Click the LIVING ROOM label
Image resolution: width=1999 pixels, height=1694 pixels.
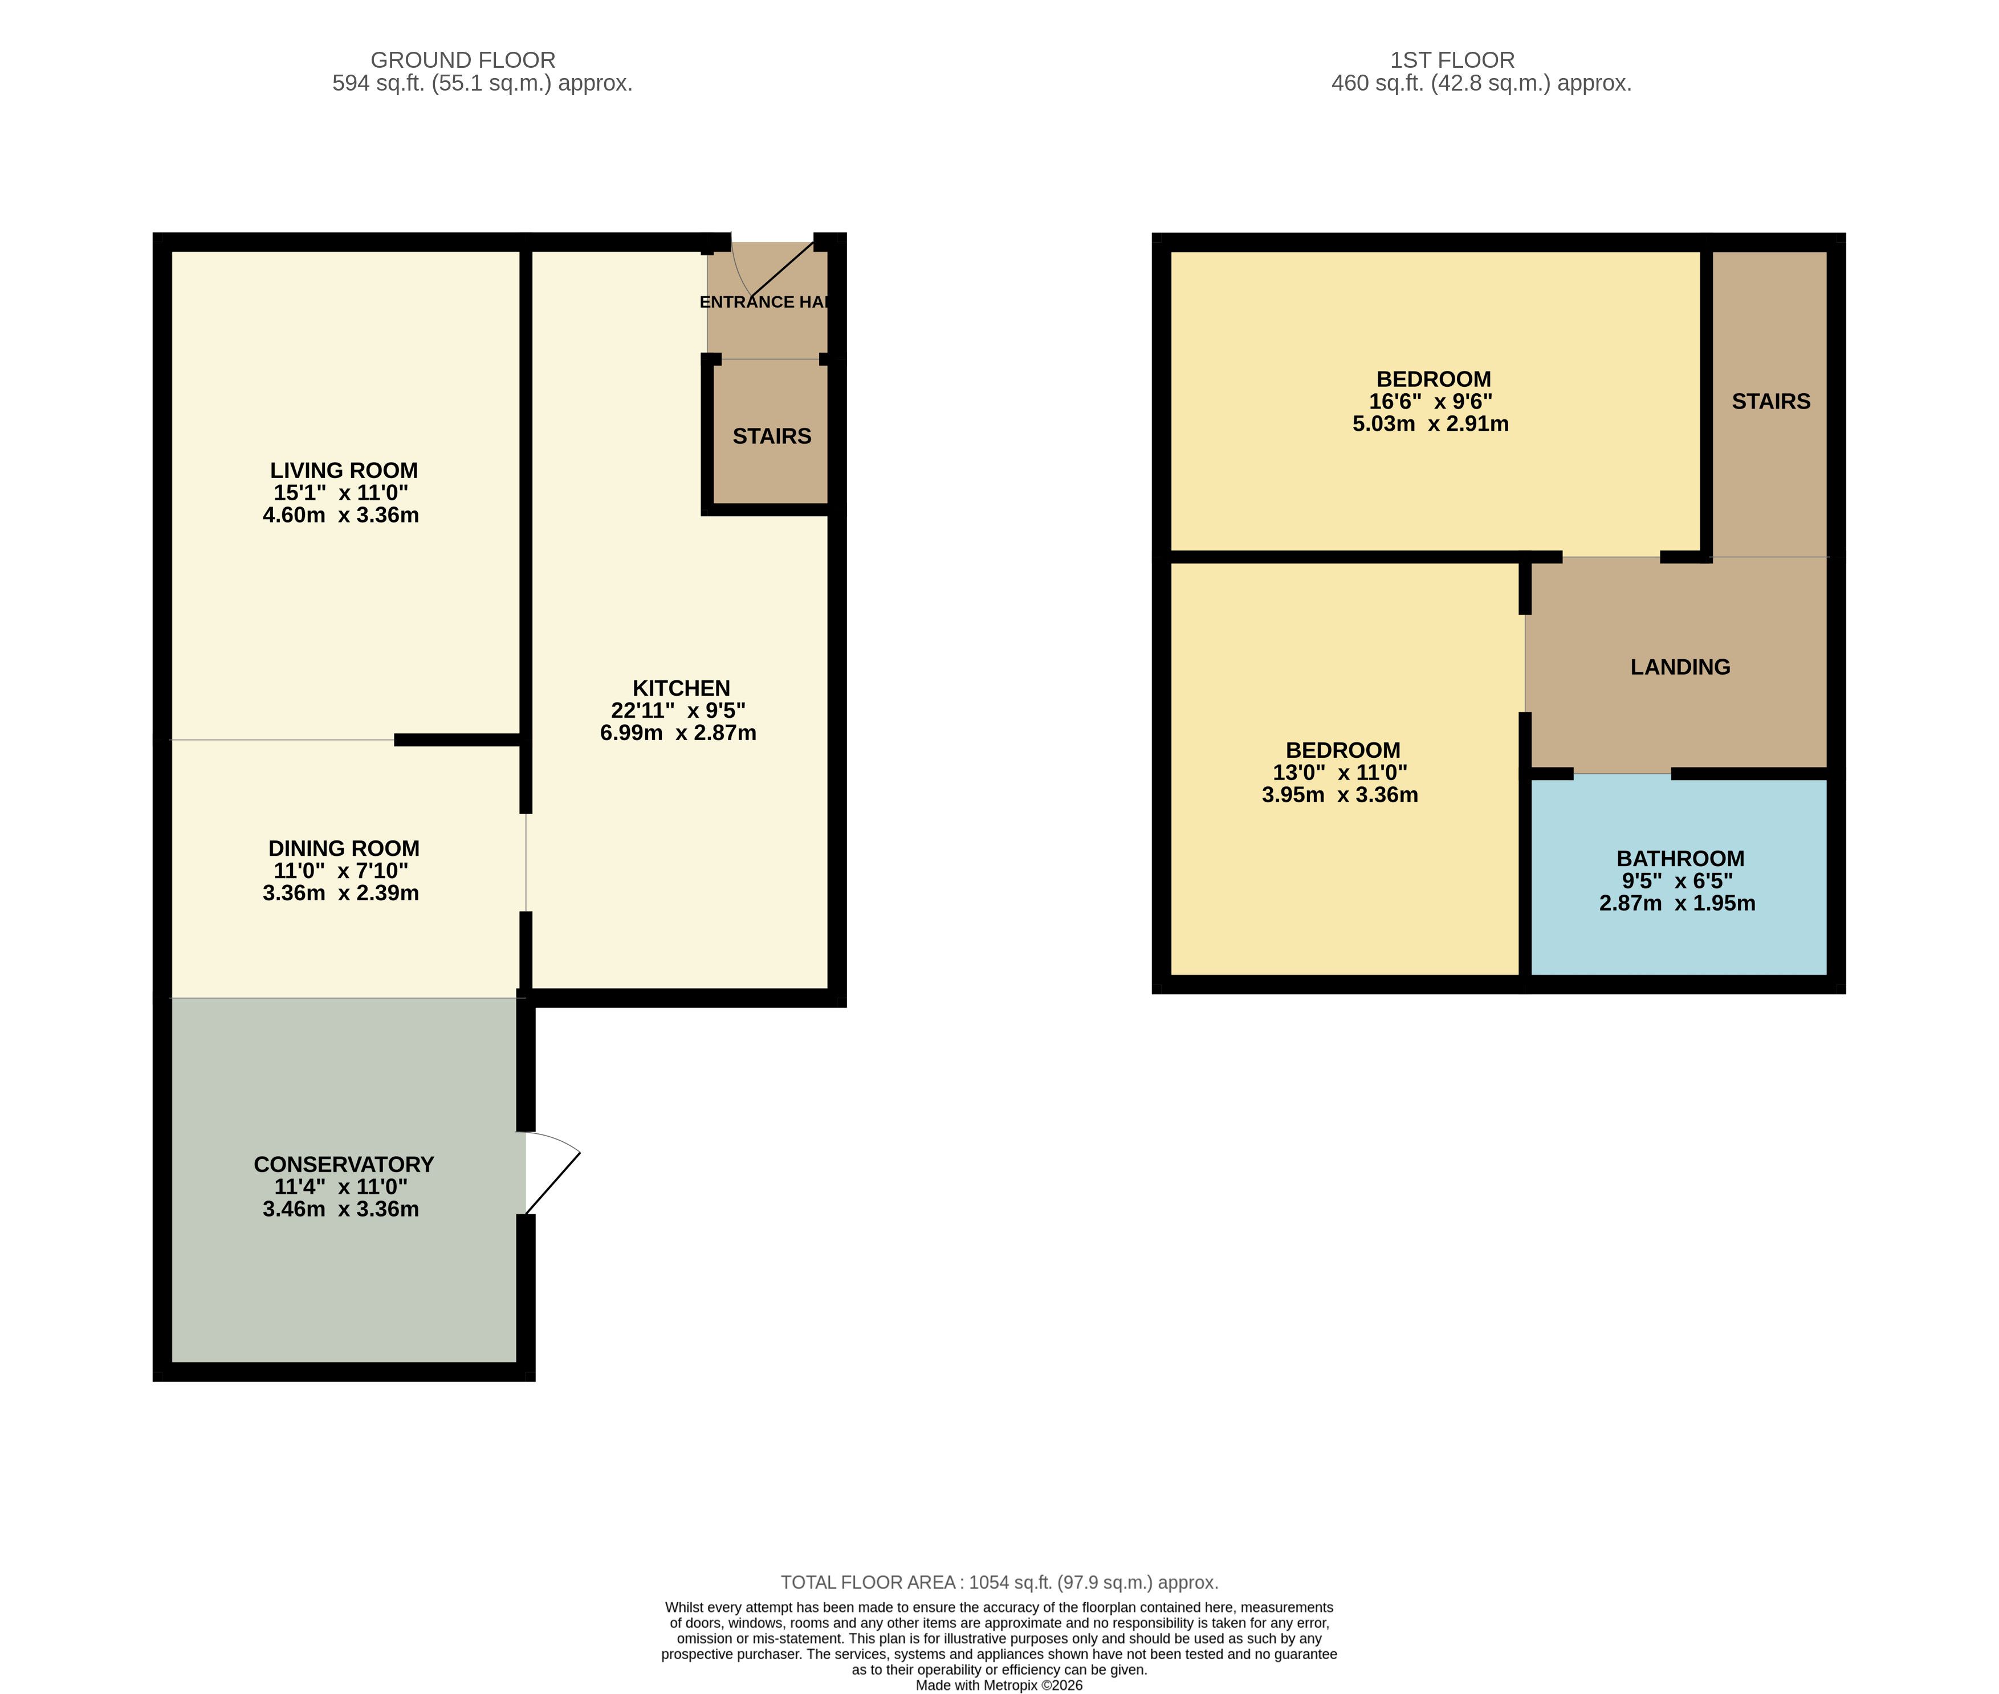pos(344,471)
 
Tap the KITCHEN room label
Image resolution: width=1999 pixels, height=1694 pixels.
pos(681,688)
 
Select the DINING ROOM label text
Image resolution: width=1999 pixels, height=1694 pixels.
pos(344,849)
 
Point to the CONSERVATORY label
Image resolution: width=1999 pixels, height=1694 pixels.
pos(344,1165)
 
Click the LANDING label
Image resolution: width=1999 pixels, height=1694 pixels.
pos(1680,667)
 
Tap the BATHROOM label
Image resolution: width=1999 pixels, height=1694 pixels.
pos(1680,859)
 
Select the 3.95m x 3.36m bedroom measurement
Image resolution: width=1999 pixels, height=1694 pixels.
pos(1340,795)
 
